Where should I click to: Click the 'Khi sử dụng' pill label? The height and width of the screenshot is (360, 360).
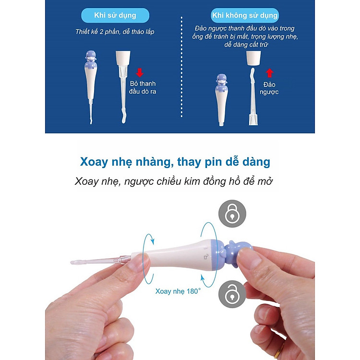point(115,15)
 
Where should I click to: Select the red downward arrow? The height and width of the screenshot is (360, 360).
point(140,72)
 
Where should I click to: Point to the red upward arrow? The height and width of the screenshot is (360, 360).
point(269,73)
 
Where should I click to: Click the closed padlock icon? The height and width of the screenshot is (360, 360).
point(232,213)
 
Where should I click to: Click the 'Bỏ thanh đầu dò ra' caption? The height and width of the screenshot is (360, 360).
point(143,87)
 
